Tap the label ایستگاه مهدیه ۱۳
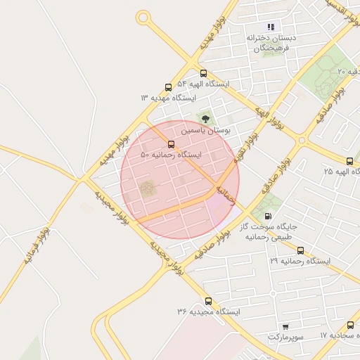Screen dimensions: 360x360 point(167,98)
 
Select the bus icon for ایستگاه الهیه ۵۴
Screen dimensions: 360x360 point(203,73)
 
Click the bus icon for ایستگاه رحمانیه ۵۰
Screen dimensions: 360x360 point(171,144)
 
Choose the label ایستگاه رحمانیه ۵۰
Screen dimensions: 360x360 point(171,155)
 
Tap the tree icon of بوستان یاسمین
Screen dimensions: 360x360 point(205,120)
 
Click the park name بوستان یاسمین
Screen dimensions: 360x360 point(206,130)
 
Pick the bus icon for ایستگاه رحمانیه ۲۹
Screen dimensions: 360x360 point(300,250)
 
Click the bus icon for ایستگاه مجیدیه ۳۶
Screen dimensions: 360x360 point(208,301)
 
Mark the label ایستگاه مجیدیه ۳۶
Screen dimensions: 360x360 point(208,311)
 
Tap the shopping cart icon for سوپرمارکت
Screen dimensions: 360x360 point(285,327)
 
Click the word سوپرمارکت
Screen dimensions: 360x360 point(285,337)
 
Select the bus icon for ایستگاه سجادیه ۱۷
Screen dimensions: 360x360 point(351,325)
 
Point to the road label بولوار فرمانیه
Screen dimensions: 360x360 point(37,246)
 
